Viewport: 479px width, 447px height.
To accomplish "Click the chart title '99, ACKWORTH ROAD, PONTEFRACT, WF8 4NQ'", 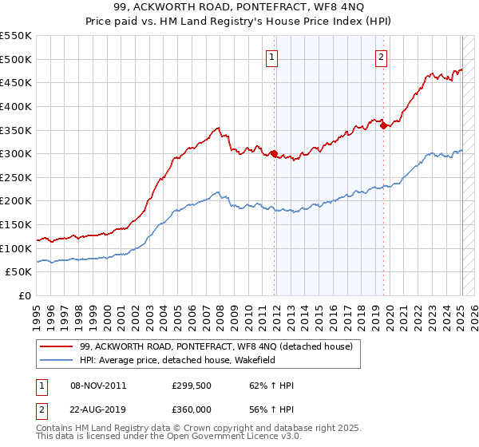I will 239,9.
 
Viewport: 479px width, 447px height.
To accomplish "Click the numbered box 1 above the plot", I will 273,57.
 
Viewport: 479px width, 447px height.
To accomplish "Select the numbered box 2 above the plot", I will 382,57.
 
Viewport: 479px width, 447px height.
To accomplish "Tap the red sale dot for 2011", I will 275,154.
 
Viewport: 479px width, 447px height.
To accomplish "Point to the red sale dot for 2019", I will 384,125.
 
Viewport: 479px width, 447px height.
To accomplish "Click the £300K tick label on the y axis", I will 17,153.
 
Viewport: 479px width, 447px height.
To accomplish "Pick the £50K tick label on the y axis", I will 20,272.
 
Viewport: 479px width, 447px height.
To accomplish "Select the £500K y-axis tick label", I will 17,59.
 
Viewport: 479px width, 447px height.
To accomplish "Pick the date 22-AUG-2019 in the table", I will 98,409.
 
